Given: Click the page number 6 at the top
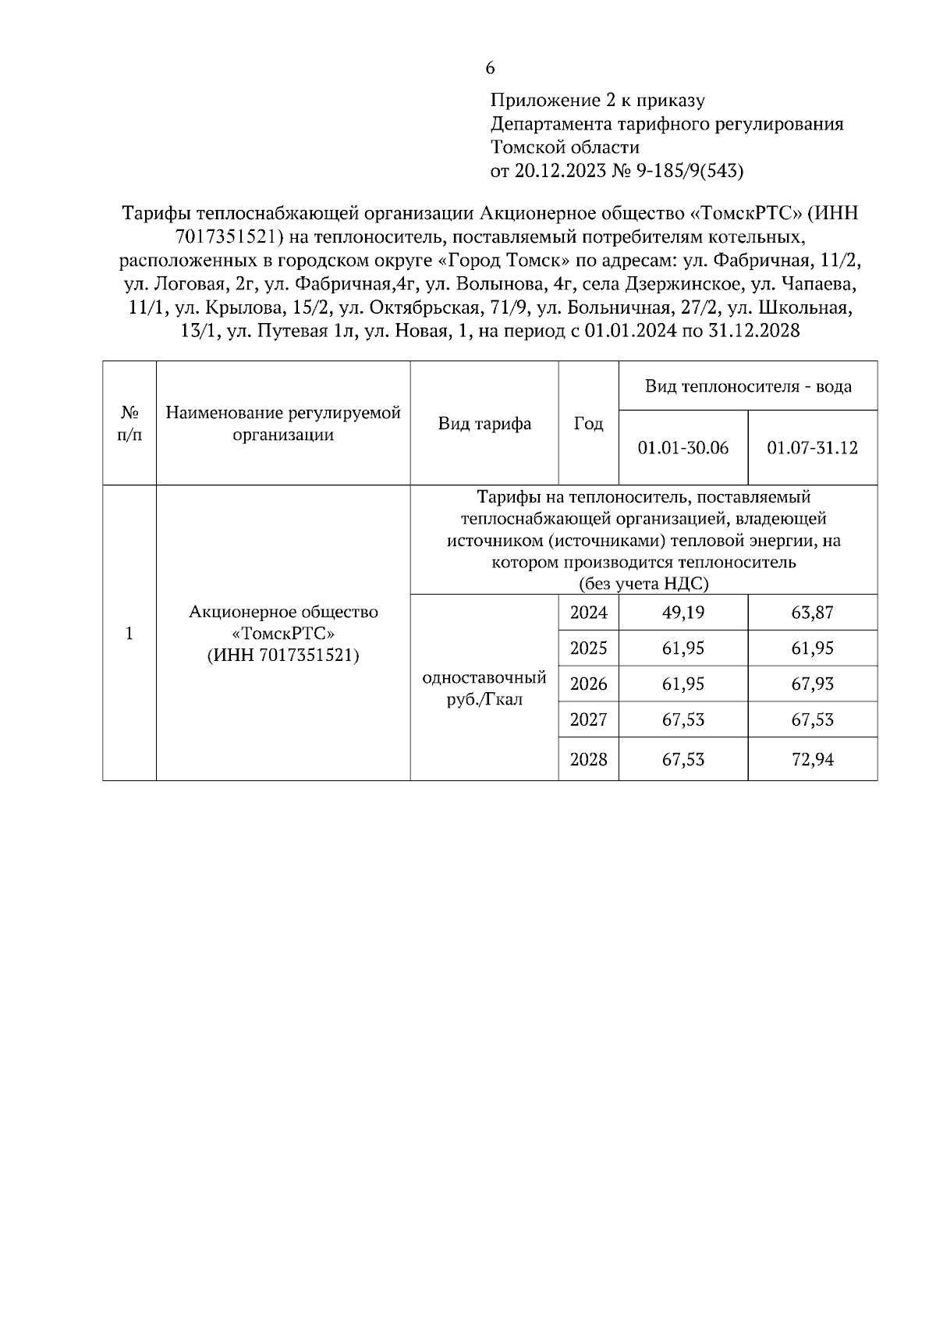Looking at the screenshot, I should [x=490, y=69].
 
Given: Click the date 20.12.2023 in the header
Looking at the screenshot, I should [x=560, y=170].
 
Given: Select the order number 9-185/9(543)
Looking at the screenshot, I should [x=690, y=170].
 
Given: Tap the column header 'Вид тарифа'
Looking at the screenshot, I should [x=484, y=424].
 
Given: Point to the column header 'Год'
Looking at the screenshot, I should [x=588, y=424].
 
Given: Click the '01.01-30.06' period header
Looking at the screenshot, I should [x=683, y=448].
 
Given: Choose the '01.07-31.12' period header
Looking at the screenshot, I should [x=812, y=448].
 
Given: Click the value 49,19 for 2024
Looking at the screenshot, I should [x=683, y=613].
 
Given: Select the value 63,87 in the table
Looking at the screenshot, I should [x=812, y=613].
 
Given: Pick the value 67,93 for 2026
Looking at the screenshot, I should [x=812, y=684].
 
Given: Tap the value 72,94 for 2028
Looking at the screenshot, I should [x=812, y=759].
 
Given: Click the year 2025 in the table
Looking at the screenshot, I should [x=588, y=648].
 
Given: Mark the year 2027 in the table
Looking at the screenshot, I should [x=588, y=719].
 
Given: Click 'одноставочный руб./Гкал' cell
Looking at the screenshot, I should [x=484, y=688].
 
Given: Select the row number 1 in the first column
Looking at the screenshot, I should [x=129, y=633].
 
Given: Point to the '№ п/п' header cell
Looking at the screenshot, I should [x=129, y=423].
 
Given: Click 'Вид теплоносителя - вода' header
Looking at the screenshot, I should [x=748, y=386].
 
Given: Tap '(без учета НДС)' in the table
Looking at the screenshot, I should [x=643, y=584].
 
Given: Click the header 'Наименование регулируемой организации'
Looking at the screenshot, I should [x=283, y=424].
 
